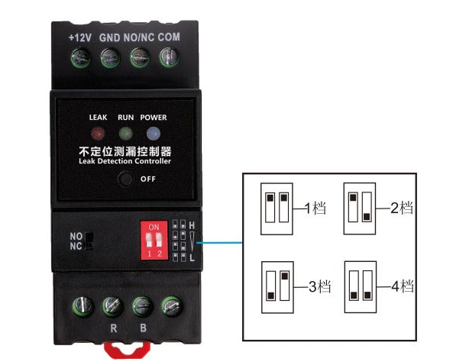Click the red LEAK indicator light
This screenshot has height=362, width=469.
(98, 132)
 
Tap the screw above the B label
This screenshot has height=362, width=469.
(141, 306)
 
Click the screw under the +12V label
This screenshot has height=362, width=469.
(80, 57)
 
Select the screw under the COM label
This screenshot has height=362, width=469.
(169, 57)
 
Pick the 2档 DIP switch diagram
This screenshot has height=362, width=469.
(361, 206)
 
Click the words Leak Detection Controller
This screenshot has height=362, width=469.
(125, 161)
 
